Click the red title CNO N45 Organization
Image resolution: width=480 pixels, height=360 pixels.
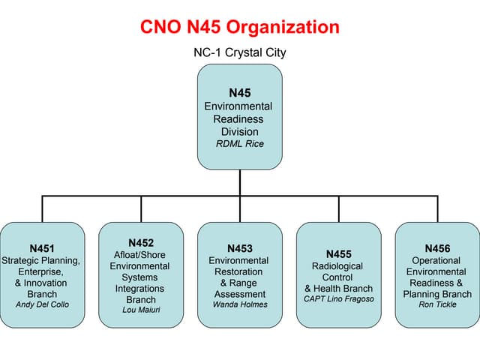coord(239,28)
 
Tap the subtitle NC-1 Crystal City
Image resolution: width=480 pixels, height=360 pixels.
coord(239,52)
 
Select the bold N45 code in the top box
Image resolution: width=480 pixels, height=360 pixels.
coord(239,93)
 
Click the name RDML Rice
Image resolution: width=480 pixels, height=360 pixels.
coord(239,144)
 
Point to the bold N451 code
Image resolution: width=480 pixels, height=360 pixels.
coord(42,248)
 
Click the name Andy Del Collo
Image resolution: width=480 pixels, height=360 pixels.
coord(42,304)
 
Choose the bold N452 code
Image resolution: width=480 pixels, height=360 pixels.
coord(141,242)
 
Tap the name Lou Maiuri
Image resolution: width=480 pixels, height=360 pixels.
coord(141,310)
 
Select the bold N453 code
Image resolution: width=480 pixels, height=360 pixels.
coord(239,248)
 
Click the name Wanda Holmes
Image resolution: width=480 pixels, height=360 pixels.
coord(239,304)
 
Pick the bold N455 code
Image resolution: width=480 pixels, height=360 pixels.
coord(338,254)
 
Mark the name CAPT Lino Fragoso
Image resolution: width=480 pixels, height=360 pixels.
coord(338,298)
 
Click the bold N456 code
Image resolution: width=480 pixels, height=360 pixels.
coord(437,248)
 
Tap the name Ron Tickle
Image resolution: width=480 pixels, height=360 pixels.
coord(437,304)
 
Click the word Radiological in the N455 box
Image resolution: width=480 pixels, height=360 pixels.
coord(337,265)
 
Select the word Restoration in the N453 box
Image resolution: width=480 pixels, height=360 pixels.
coord(239,271)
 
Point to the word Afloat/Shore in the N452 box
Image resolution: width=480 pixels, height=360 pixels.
coord(141,254)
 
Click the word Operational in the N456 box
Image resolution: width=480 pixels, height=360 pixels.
coord(437,260)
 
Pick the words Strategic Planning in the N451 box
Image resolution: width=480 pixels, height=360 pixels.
coord(41,260)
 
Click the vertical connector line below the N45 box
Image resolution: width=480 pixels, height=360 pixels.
coord(240,182)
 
